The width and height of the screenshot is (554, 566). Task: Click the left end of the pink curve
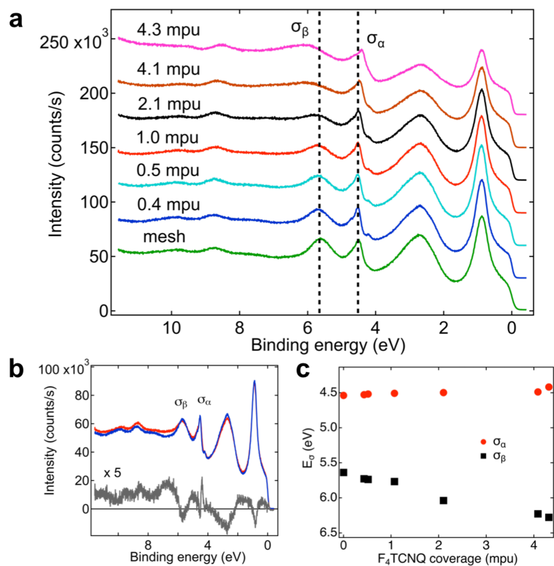(119, 39)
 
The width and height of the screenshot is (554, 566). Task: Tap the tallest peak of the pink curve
(481, 51)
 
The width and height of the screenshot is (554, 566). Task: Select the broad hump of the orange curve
(420, 91)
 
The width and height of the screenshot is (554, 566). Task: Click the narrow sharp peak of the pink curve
(362, 50)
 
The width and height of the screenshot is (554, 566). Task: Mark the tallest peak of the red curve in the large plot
(481, 117)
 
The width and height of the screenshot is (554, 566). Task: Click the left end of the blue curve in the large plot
(119, 219)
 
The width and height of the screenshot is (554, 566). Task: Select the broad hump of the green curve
(419, 235)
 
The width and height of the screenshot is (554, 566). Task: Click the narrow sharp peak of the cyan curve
(358, 176)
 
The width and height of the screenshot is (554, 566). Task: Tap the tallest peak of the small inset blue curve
(254, 382)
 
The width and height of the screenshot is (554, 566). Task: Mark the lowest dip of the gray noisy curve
(227, 531)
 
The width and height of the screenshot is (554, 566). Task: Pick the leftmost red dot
(343, 395)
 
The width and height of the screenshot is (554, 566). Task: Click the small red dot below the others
(483, 442)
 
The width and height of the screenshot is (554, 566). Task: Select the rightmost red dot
(548, 387)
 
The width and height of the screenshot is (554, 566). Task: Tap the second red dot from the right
(537, 392)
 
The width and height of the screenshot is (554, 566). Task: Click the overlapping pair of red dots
(366, 394)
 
